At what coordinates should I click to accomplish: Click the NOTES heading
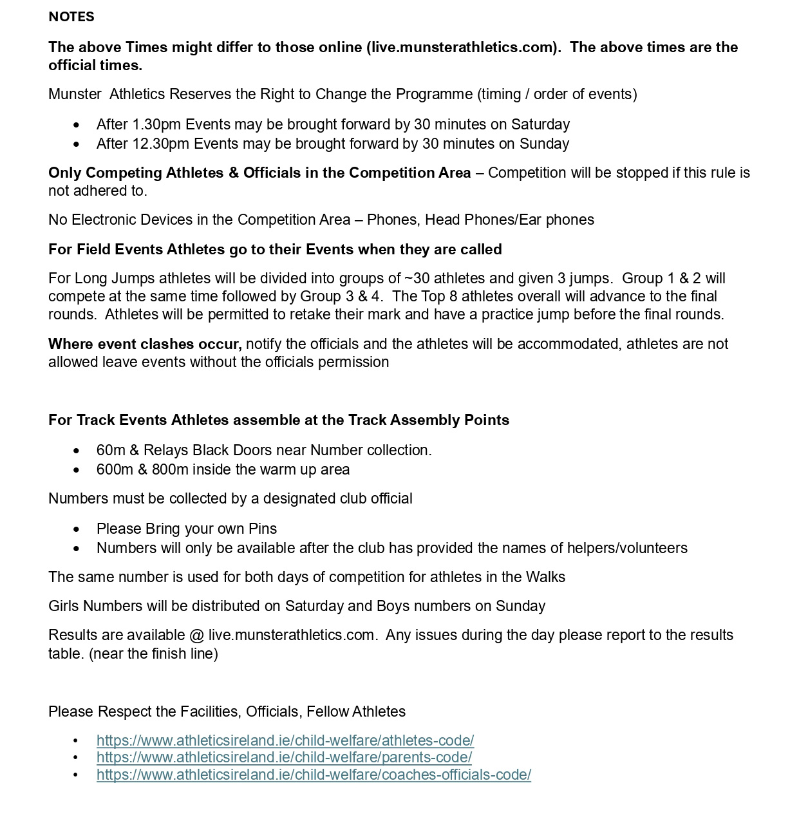pos(71,17)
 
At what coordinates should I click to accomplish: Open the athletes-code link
pos(285,740)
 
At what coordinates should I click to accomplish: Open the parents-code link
pos(284,757)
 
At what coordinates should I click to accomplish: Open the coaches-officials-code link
pos(314,775)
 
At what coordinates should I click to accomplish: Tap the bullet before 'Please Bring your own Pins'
pos(77,529)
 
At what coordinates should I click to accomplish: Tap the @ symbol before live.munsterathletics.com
pos(196,635)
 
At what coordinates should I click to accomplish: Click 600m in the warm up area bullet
pos(111,469)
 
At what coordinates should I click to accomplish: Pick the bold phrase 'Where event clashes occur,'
pos(145,344)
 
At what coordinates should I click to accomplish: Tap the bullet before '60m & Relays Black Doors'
pos(77,451)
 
